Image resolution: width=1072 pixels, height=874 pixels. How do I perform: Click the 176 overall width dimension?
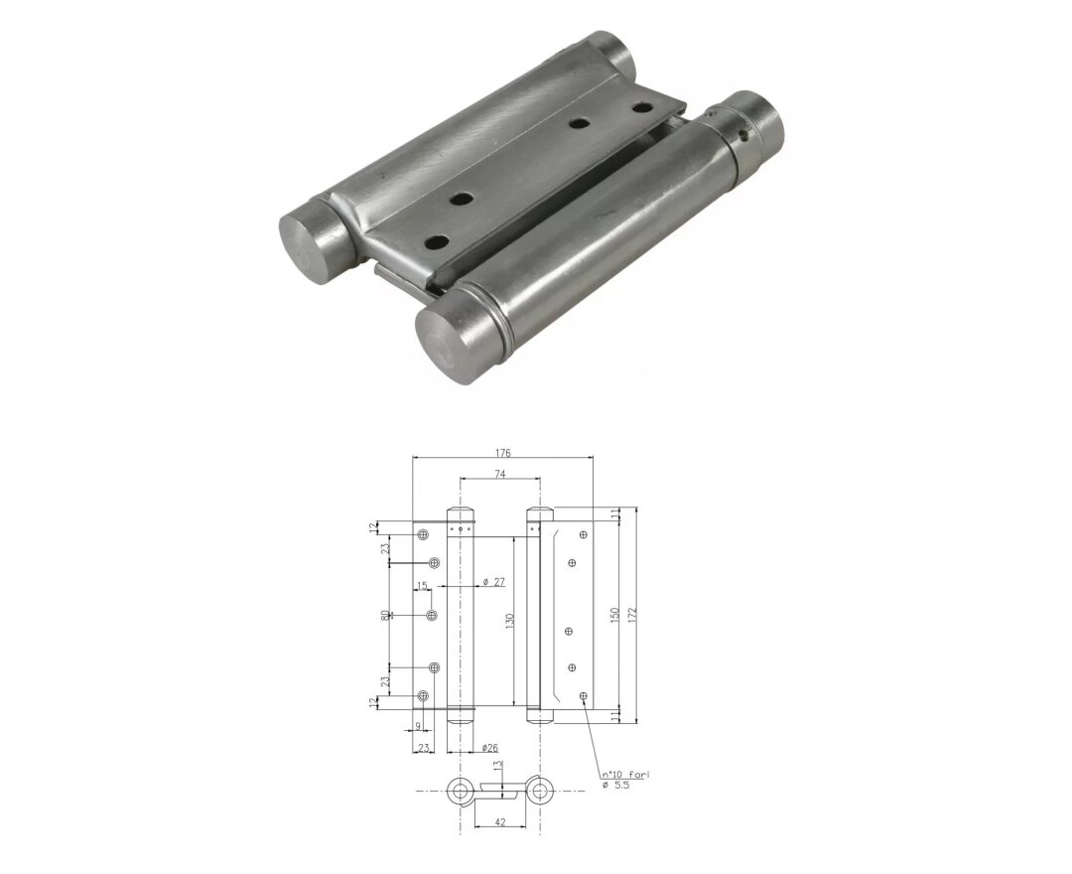pyautogui.click(x=502, y=452)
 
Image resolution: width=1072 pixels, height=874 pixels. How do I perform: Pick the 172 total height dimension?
pyautogui.click(x=632, y=613)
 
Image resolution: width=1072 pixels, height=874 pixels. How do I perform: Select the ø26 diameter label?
pyautogui.click(x=489, y=746)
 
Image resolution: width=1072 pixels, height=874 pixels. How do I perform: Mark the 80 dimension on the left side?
pyautogui.click(x=385, y=616)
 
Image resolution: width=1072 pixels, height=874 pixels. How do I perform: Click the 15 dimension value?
pyautogui.click(x=422, y=586)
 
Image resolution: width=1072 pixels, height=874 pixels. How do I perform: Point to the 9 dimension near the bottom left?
pyautogui.click(x=417, y=726)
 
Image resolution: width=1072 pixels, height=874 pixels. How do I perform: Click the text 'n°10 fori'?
pyautogui.click(x=624, y=774)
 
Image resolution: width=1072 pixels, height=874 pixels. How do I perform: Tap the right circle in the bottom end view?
pyautogui.click(x=540, y=792)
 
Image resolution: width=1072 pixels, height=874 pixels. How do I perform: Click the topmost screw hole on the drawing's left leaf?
pyautogui.click(x=423, y=534)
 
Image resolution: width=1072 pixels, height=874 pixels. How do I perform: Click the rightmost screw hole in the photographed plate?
pyautogui.click(x=642, y=107)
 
